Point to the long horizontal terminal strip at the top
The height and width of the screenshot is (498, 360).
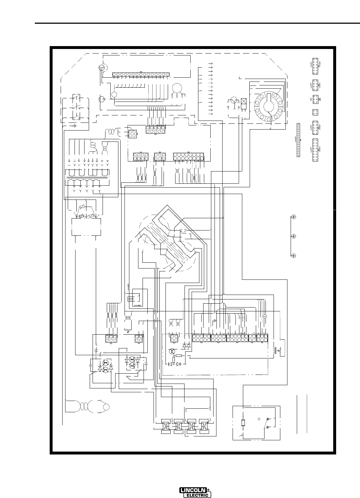pyautogui.click(x=141, y=75)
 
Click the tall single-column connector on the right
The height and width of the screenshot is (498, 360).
pyautogui.click(x=298, y=140)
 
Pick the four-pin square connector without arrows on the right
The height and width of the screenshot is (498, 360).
pyautogui.click(x=315, y=112)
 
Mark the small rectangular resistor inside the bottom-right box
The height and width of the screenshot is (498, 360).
pyautogui.click(x=243, y=423)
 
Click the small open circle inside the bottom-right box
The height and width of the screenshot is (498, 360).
pyautogui.click(x=259, y=419)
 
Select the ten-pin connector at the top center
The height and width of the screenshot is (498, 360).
pyautogui.click(x=155, y=129)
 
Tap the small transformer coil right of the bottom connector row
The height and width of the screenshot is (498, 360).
pyautogui.click(x=275, y=351)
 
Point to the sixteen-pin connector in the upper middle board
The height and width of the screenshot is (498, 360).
pyautogui.click(x=189, y=157)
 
